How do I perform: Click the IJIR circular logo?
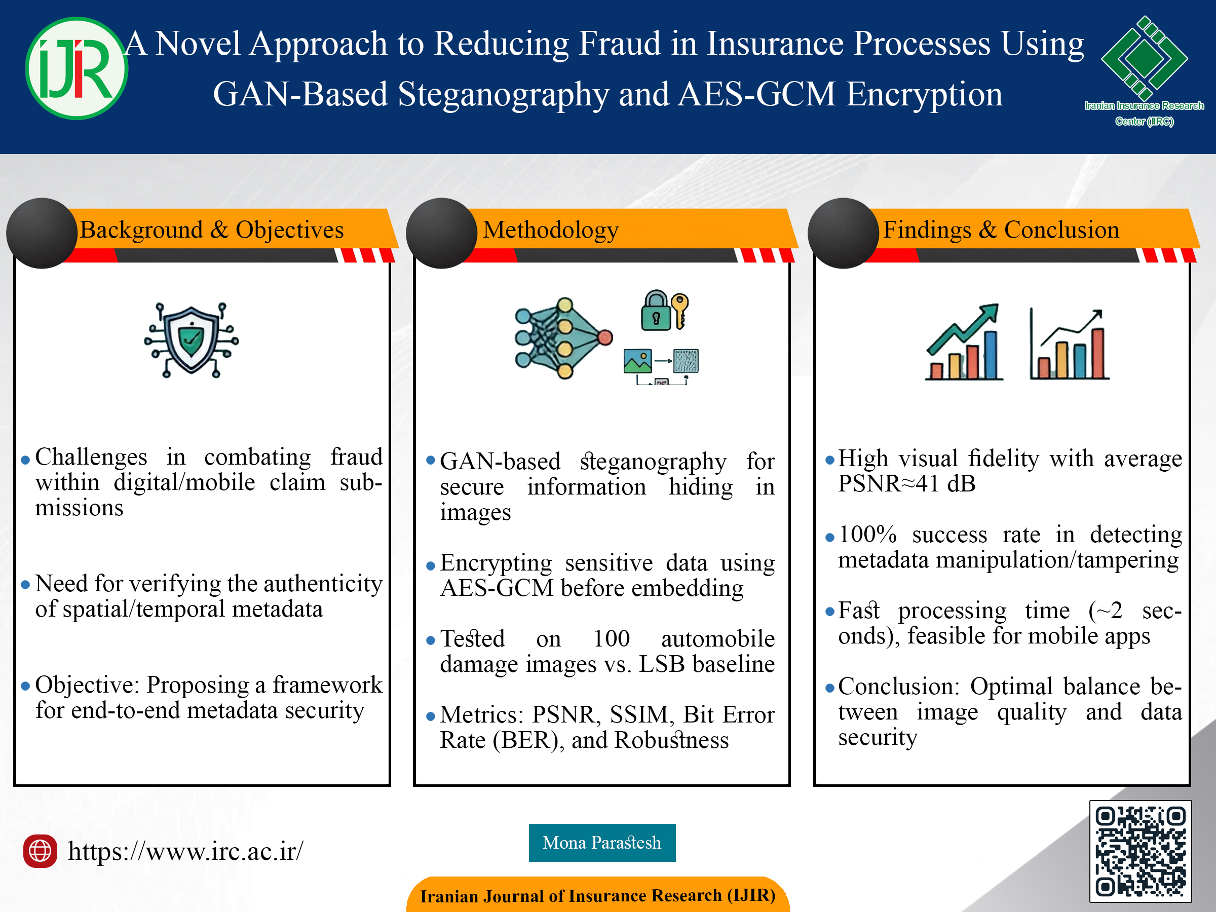coord(77,68)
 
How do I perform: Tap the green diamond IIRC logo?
coord(1145,58)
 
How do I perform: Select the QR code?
coord(1141,851)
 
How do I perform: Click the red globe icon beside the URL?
coord(40,851)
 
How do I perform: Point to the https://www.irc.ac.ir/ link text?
coord(185,851)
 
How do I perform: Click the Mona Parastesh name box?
coord(602,842)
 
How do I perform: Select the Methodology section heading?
coord(551,230)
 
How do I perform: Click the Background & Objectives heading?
coord(212,230)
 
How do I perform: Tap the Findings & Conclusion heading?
coord(1001,230)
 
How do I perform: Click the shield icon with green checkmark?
coord(192,340)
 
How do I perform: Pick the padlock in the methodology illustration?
coord(655,311)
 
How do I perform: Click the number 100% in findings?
coord(867,535)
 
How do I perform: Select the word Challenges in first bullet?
coord(91,457)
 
